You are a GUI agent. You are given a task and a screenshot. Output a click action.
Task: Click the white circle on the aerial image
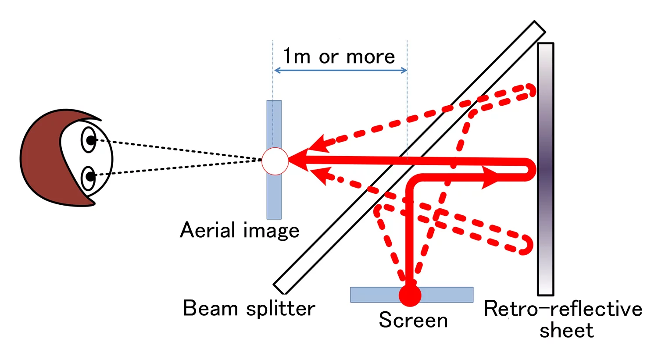coord(275,161)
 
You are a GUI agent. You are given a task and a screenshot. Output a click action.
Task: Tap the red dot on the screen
coord(410,295)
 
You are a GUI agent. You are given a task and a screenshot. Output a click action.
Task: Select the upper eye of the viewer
coord(89,140)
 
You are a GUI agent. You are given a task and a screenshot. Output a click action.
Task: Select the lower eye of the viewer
coord(89,177)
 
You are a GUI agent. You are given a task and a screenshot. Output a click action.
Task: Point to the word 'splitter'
coord(281,309)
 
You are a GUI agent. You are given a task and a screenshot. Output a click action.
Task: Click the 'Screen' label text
coord(413,320)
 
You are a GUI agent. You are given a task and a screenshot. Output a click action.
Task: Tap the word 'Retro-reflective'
coord(563,309)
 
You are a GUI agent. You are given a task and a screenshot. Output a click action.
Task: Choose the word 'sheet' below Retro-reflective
coord(566,330)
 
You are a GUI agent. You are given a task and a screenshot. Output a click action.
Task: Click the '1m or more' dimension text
coord(339,57)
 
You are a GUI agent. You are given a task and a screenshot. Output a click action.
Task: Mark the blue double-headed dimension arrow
coord(340,70)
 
